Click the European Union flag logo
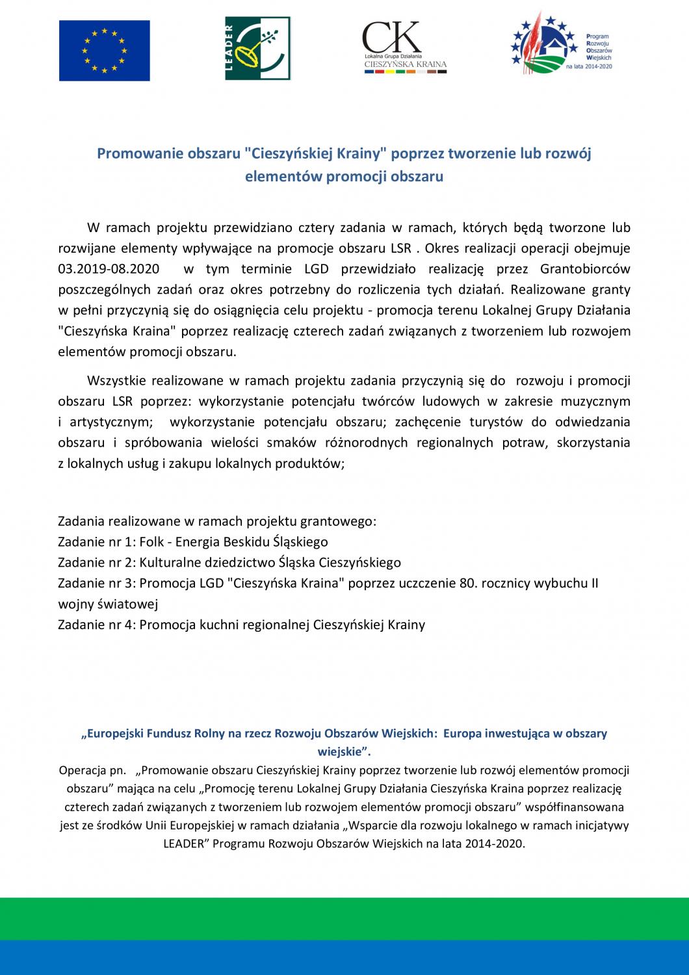click(x=105, y=50)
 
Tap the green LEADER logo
click(x=258, y=49)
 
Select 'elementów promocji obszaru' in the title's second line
click(x=344, y=176)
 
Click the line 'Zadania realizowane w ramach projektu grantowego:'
click(x=217, y=521)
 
